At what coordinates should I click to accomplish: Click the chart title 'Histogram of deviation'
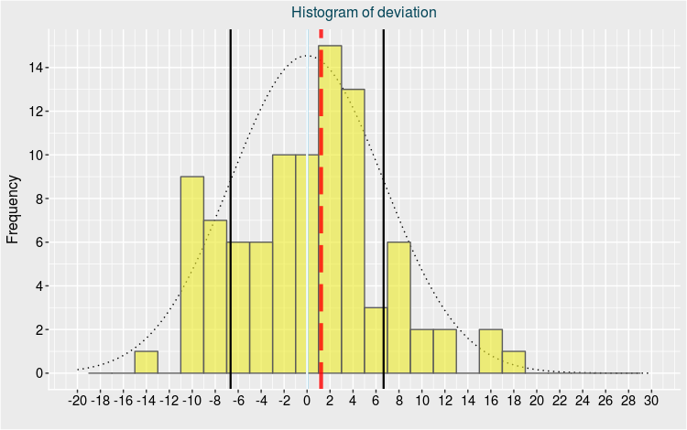(x=364, y=13)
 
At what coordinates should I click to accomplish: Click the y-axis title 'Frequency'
(x=13, y=210)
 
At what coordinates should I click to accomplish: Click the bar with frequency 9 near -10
(x=191, y=274)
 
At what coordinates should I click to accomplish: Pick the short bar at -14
(x=146, y=362)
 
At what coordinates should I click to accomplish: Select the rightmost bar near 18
(x=514, y=362)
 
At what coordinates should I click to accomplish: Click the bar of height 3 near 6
(x=376, y=340)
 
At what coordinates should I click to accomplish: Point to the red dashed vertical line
(x=321, y=183)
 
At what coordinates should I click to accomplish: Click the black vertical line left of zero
(x=230, y=137)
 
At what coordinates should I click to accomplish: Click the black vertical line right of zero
(x=383, y=137)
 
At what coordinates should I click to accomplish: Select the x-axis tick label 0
(x=307, y=400)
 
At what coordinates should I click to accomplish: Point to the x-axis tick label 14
(x=468, y=400)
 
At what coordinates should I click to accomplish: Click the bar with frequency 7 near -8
(x=214, y=296)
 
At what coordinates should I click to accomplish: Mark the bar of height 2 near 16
(x=491, y=351)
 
